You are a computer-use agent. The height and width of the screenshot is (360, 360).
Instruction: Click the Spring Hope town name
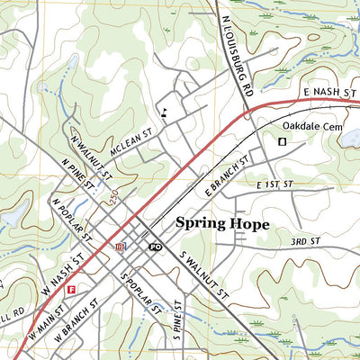pyautogui.click(x=221, y=223)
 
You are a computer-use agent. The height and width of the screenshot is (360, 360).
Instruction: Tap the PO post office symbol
pyautogui.click(x=154, y=246)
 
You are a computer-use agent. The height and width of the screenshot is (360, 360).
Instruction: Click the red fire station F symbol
pyautogui.click(x=70, y=289)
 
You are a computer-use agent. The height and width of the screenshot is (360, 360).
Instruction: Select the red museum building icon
pyautogui.click(x=119, y=246)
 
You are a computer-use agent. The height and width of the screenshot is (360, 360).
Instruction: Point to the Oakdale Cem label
pyautogui.click(x=314, y=127)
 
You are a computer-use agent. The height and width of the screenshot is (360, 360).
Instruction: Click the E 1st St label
pyautogui.click(x=274, y=185)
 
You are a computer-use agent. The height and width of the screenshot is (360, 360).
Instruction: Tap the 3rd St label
pyautogui.click(x=305, y=242)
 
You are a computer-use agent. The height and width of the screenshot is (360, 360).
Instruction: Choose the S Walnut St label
pyautogui.click(x=206, y=275)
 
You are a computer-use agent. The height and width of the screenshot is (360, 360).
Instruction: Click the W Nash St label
pyautogui.click(x=65, y=271)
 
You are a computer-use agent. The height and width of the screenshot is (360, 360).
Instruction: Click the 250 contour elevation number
pyautogui.click(x=113, y=197)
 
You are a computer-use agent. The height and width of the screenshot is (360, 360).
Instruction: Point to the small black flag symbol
pyautogui.click(x=163, y=112)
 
